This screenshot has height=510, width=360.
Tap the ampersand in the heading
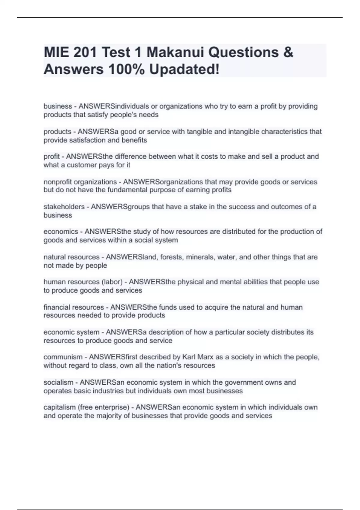[x=288, y=52]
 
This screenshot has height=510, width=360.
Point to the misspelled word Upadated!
[x=184, y=70]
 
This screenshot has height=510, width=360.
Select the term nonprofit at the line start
[x=58, y=182]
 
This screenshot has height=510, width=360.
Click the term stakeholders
[x=64, y=207]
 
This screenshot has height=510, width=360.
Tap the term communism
[x=63, y=357]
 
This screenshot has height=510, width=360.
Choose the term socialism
[x=58, y=382]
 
